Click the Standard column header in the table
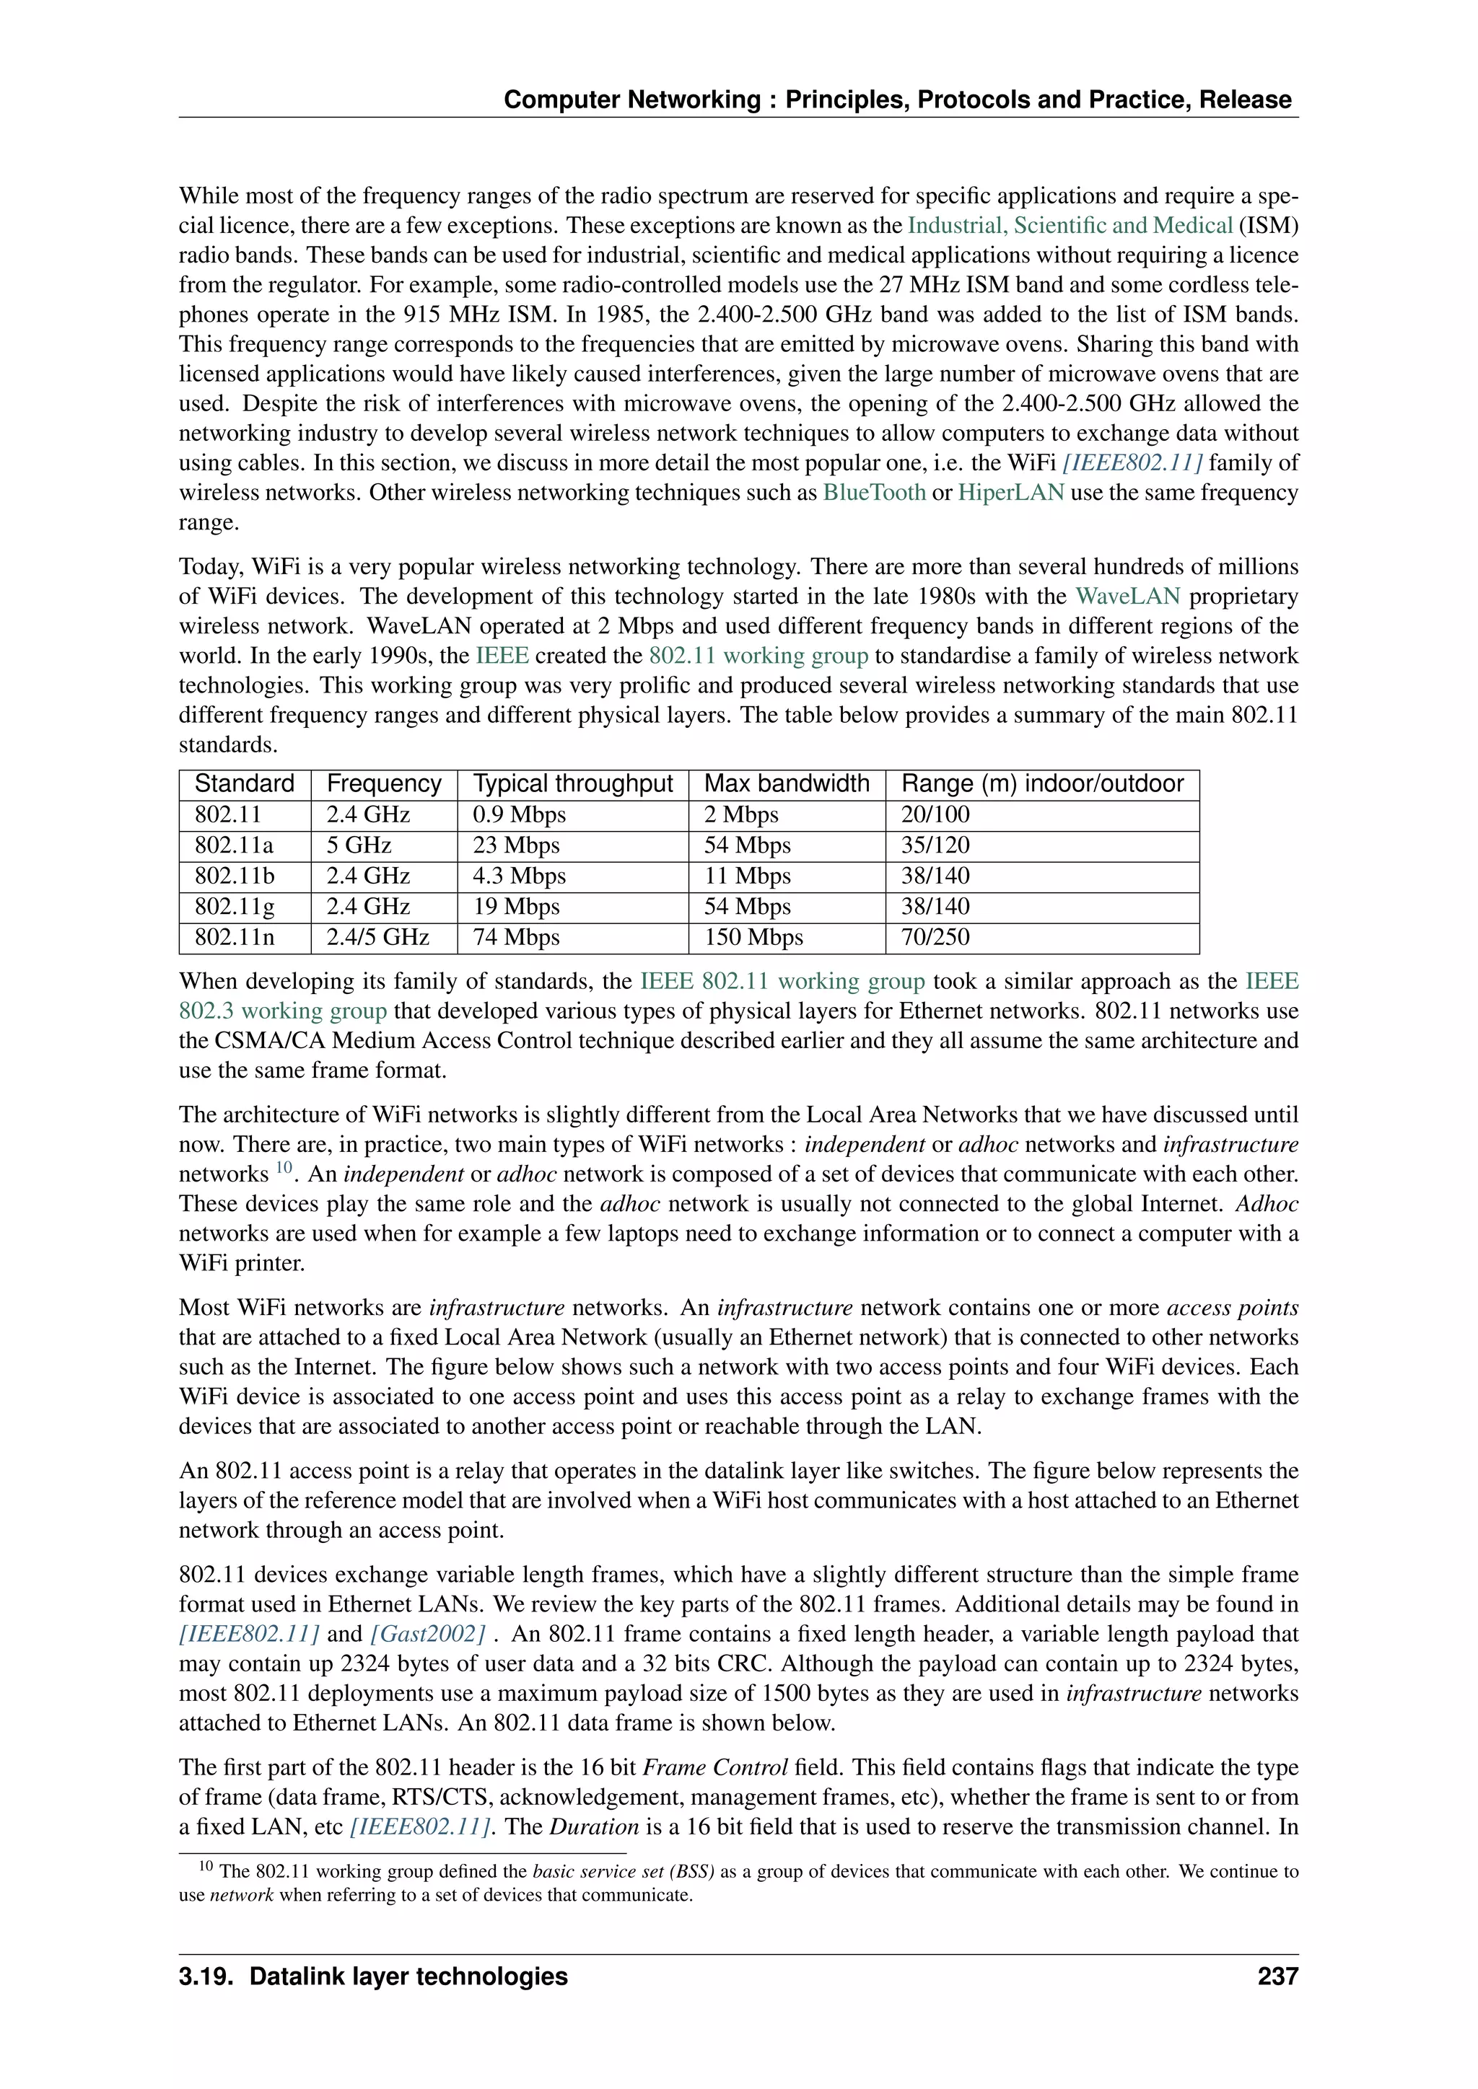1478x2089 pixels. tap(244, 784)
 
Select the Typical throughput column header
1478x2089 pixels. tap(572, 784)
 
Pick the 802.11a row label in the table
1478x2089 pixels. tap(234, 845)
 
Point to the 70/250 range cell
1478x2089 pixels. tap(935, 937)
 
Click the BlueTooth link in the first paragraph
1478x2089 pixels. tap(874, 493)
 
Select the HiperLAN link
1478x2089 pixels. tap(1010, 493)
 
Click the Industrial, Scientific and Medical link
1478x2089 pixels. tap(1070, 226)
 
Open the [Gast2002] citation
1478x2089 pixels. tap(428, 1634)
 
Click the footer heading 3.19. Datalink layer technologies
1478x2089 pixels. tap(373, 1976)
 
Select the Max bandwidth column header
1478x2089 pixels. tap(787, 784)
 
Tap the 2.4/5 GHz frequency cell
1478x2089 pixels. tap(377, 937)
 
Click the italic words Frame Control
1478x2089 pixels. tap(714, 1768)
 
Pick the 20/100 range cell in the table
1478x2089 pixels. tap(935, 815)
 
